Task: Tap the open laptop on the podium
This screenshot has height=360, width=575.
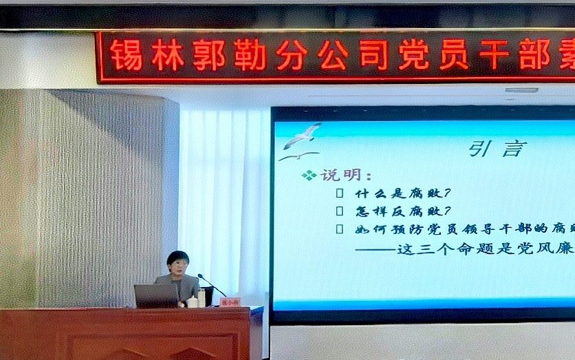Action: click(x=157, y=296)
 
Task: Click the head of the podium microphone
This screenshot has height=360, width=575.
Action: click(x=199, y=277)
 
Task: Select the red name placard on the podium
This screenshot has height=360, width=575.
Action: click(x=230, y=301)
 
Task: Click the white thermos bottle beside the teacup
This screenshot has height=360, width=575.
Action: click(x=201, y=297)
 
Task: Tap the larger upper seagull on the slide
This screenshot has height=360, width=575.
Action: click(x=303, y=135)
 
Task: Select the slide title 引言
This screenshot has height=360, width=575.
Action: click(x=497, y=148)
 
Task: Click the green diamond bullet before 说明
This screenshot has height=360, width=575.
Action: click(x=309, y=176)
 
